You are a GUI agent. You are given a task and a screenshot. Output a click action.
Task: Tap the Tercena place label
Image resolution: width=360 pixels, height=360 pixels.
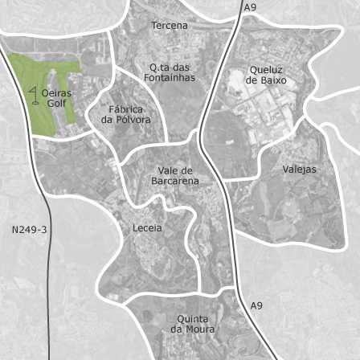tap(170, 26)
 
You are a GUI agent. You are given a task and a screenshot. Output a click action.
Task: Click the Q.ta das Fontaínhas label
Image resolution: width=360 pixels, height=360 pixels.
tap(170, 72)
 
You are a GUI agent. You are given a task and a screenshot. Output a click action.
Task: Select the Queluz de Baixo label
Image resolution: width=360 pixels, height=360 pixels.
tap(266, 75)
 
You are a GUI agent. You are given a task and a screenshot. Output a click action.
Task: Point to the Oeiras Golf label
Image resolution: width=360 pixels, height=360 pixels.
tap(56, 98)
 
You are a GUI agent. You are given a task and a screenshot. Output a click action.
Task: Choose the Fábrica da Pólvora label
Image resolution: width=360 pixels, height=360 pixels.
tap(126, 114)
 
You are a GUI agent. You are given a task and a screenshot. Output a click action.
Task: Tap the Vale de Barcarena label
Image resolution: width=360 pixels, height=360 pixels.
tap(175, 175)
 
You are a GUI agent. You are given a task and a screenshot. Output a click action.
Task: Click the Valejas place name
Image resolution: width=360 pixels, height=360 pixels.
tap(299, 170)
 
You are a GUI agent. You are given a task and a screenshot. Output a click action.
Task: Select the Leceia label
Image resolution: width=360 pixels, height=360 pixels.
tap(147, 228)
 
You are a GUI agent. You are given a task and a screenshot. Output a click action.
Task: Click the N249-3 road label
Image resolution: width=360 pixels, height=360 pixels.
tap(29, 230)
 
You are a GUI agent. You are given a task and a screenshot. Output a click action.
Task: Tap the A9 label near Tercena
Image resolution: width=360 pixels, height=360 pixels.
tap(250, 7)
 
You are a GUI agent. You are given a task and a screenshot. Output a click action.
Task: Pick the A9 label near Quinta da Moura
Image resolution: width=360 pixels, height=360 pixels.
tap(256, 306)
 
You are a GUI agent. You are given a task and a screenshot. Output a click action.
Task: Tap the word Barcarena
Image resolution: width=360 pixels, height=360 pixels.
tap(175, 181)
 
